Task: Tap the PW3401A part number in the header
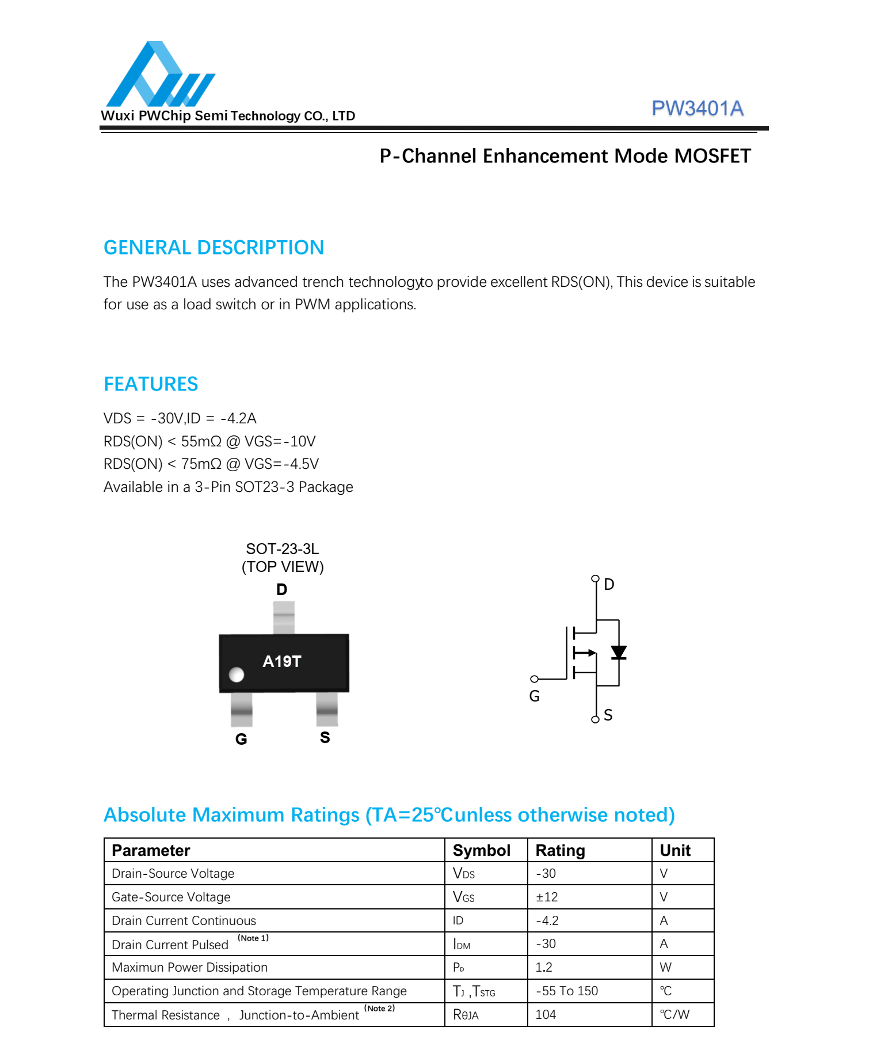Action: (x=697, y=108)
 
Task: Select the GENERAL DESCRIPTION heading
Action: (x=214, y=248)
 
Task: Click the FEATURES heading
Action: (x=151, y=384)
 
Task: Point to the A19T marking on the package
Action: (x=281, y=661)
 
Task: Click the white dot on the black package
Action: (x=237, y=674)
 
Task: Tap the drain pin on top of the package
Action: (x=283, y=617)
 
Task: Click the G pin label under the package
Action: (x=241, y=739)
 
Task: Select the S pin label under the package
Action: (x=325, y=737)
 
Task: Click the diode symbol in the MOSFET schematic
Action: (x=619, y=653)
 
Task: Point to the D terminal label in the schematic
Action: (x=609, y=585)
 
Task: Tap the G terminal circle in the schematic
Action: (x=534, y=679)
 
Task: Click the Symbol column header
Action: (x=481, y=851)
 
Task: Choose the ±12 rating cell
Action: (x=547, y=897)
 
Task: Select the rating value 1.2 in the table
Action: (x=544, y=968)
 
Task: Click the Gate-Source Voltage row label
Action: (x=171, y=897)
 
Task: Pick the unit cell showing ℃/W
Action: (x=674, y=1015)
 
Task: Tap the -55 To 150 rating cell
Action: (x=567, y=991)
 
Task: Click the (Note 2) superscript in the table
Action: (x=379, y=1009)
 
